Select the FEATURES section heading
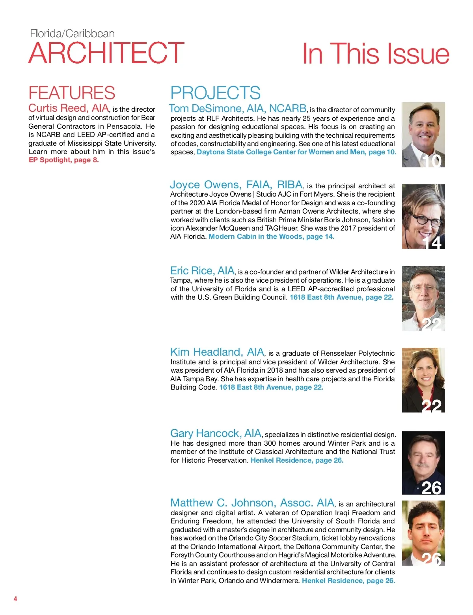click(x=72, y=93)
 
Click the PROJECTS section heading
click(x=215, y=93)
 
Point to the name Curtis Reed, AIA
click(x=69, y=108)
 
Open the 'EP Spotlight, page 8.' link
click(x=64, y=160)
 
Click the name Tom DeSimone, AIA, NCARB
click(x=238, y=109)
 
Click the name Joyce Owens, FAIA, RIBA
click(x=236, y=185)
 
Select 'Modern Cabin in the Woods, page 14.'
click(x=271, y=236)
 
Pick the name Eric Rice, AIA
click(x=202, y=271)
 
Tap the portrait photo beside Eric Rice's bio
click(x=423, y=298)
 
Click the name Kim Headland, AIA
click(x=217, y=352)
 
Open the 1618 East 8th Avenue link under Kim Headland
click(x=271, y=387)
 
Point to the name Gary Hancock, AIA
click(x=216, y=433)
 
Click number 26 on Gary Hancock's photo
click(x=431, y=488)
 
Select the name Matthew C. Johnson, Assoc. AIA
click(x=252, y=503)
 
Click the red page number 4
click(x=15, y=599)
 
